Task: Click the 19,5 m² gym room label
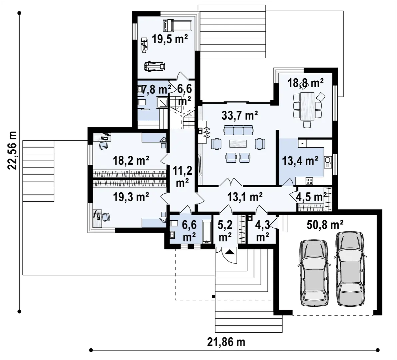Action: point(170,39)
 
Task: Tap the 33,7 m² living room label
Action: point(240,116)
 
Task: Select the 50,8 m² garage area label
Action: point(325,225)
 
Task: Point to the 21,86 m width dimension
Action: point(226,342)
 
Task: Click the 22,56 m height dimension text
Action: point(12,150)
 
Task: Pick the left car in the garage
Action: point(314,273)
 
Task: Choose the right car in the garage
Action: point(350,269)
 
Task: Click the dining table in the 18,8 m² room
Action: point(307,106)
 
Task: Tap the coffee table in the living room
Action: point(238,144)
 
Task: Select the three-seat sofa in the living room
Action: point(238,130)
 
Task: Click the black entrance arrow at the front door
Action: point(229,252)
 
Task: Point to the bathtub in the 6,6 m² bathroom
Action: point(207,232)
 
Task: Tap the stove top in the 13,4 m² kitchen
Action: point(309,181)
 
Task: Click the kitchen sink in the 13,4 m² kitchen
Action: point(328,162)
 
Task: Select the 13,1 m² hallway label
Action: point(245,197)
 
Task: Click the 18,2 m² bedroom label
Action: point(131,160)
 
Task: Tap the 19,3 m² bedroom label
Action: point(131,197)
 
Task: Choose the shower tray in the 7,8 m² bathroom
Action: point(162,102)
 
